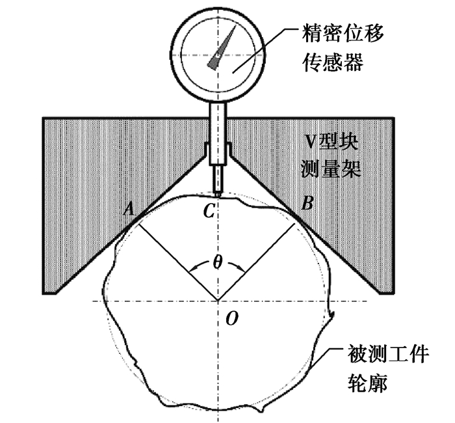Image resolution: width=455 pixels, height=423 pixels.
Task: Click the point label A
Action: pos(129,209)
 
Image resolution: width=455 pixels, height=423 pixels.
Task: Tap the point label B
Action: pos(307,203)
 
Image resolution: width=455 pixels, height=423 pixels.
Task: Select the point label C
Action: pos(209,211)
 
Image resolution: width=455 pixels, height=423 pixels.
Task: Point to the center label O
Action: pos(232,318)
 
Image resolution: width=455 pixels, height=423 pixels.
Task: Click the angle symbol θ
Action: pos(217,263)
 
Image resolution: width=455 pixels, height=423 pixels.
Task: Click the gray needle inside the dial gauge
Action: pos(222,48)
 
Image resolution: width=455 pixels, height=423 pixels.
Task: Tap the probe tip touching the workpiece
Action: pos(218,193)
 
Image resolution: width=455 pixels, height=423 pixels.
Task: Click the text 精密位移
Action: pos(343,33)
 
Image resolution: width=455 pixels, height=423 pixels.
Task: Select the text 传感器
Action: pos(333,62)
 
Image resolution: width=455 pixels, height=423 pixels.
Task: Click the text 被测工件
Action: pos(387,353)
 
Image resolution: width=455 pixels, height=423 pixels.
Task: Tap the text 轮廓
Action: pos(367,383)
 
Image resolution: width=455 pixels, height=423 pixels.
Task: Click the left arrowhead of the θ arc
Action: pos(192,268)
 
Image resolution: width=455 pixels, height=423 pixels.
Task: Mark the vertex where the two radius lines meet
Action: pos(218,301)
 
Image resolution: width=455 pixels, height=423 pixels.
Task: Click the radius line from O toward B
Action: pos(256,262)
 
